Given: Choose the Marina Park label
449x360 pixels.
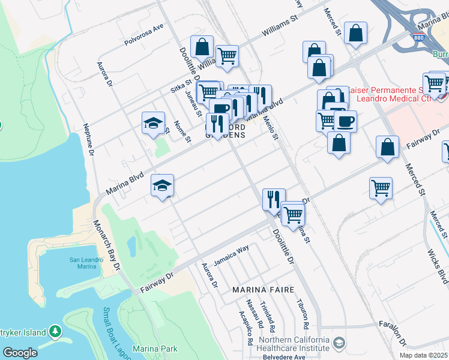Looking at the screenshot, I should pos(154,349).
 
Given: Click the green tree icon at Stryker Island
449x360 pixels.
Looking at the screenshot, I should pos(55,331).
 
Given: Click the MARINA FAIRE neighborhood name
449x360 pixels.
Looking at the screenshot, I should pos(264,290).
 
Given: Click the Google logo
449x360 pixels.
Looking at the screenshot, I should pos(20,353).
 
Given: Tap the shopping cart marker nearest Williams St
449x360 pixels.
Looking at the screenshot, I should pos(227,56).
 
